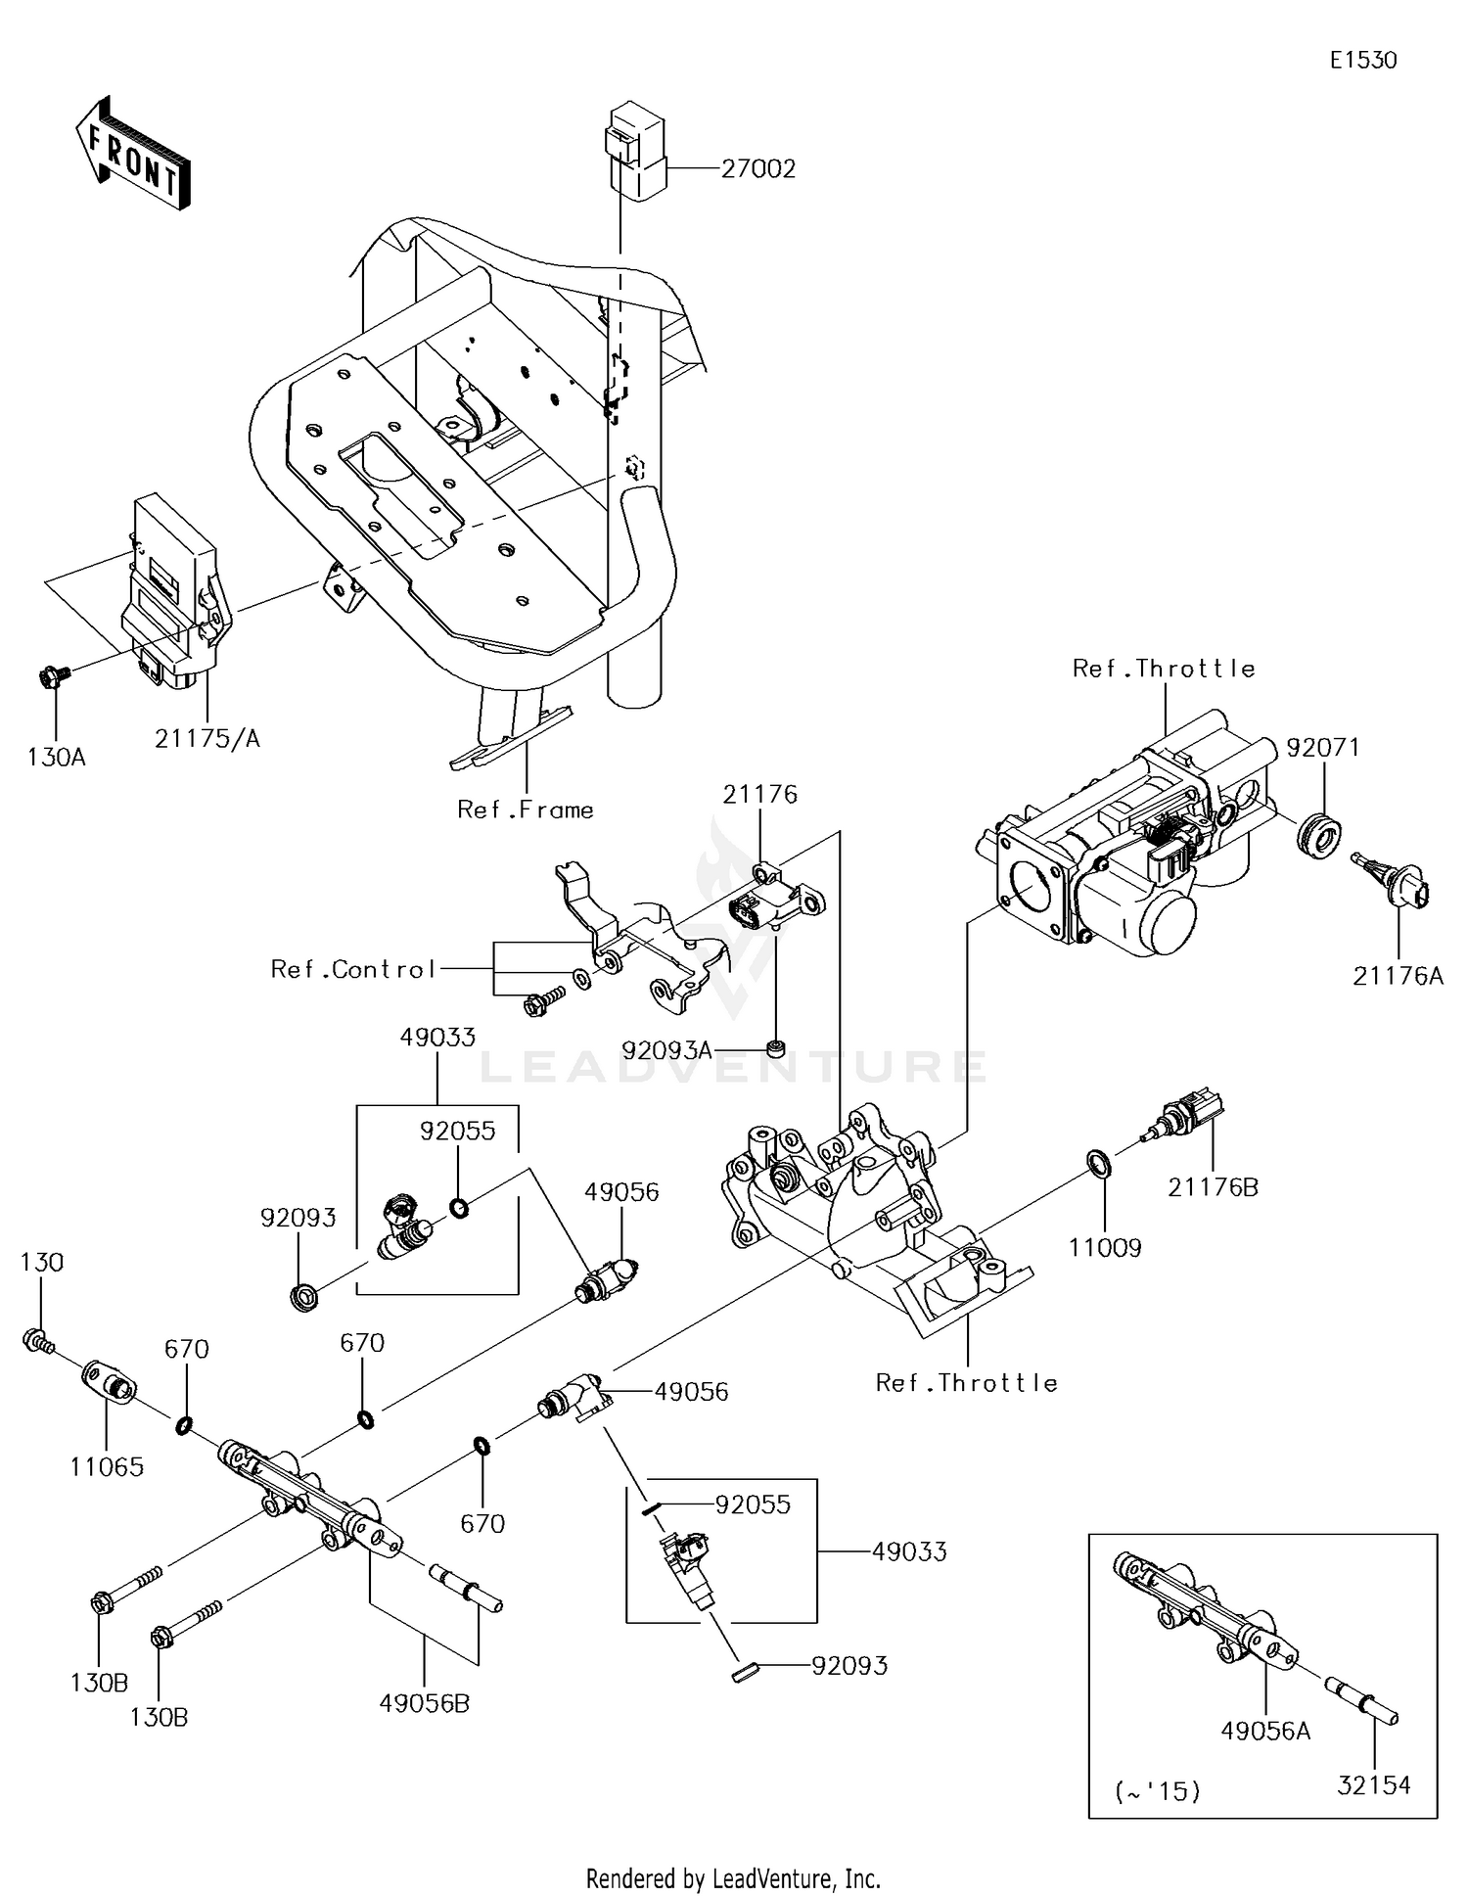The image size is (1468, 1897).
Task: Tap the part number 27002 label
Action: (x=758, y=168)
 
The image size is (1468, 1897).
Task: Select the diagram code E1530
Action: (x=1363, y=61)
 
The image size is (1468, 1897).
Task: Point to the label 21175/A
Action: (x=207, y=739)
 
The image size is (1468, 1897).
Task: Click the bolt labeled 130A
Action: (x=51, y=675)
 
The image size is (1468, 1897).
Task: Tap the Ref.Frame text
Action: (x=526, y=810)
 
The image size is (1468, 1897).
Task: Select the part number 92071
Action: (x=1323, y=747)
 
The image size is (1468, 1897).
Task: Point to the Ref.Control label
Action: (x=352, y=969)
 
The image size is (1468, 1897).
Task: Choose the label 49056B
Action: (x=425, y=1703)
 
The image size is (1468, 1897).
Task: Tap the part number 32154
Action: (x=1374, y=1784)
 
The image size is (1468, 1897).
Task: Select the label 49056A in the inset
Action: (x=1265, y=1731)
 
